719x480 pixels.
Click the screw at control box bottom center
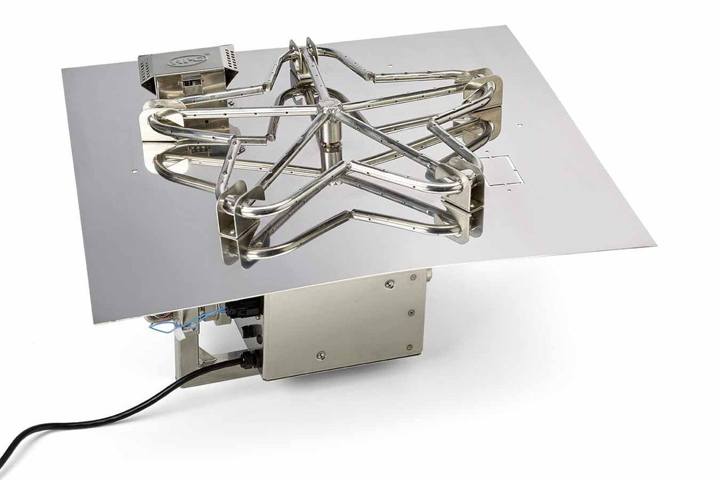click(x=321, y=355)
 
